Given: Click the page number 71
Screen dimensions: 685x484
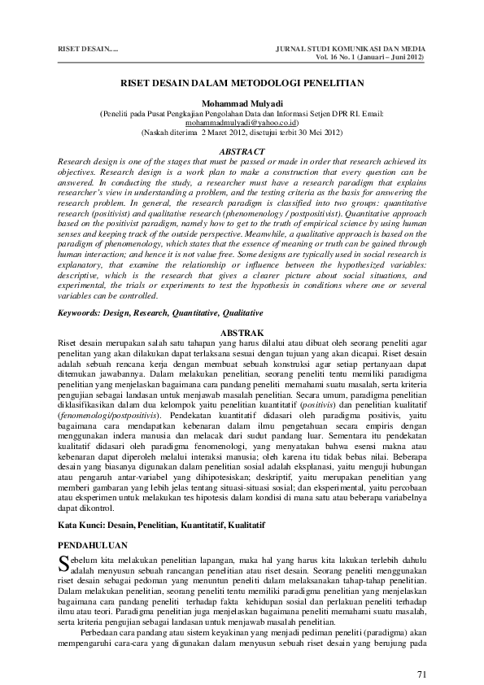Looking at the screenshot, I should pos(421,652).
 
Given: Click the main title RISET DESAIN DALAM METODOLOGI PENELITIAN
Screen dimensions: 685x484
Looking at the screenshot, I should pos(242,82).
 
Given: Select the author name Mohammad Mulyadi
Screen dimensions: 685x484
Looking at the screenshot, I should pos(242,104).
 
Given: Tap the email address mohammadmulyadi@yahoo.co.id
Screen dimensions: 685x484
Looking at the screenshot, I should pos(242,122).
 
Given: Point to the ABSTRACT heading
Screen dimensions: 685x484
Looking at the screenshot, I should pos(242,151).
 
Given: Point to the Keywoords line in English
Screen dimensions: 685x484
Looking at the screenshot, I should pos(148,312).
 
